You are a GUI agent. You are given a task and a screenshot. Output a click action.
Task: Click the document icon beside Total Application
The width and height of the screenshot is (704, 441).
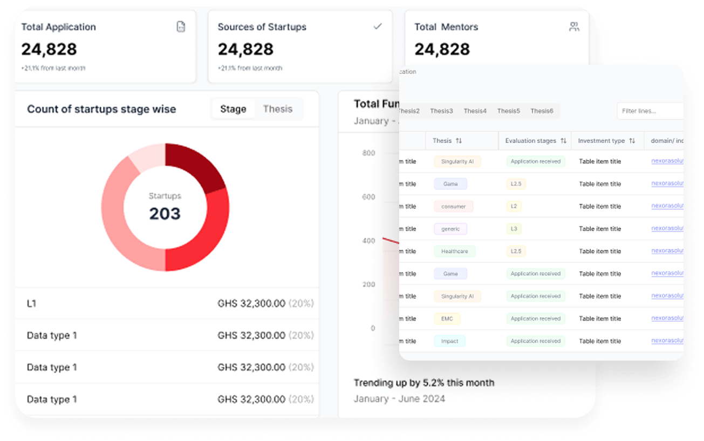181,27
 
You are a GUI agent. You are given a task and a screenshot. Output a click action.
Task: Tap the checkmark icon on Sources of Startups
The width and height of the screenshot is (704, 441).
378,26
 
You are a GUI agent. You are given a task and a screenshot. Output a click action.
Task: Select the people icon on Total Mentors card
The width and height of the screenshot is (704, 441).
574,27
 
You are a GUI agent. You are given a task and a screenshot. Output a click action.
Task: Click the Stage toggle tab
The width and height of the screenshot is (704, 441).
233,109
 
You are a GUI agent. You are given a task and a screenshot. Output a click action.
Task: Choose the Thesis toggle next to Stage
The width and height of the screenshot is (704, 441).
277,109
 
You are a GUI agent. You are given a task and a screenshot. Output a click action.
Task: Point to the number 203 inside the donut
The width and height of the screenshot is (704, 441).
165,214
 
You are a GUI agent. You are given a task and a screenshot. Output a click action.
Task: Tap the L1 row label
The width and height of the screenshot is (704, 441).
31,303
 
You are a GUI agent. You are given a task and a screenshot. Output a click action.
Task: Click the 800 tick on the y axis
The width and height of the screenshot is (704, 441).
368,153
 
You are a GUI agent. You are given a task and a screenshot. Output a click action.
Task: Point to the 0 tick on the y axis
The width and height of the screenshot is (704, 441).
373,328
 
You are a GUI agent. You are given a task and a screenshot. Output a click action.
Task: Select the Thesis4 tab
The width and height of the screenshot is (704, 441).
475,111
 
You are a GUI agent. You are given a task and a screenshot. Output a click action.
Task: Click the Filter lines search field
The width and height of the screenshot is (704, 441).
650,111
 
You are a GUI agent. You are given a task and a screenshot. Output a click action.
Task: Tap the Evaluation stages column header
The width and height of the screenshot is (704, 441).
535,141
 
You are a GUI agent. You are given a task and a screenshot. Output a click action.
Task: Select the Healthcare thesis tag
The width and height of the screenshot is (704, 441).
454,252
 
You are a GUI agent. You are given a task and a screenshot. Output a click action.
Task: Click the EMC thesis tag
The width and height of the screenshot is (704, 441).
447,319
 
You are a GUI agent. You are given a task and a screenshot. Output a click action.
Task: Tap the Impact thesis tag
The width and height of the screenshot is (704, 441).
449,341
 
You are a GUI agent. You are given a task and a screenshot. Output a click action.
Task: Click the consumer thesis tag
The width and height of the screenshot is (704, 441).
453,207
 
